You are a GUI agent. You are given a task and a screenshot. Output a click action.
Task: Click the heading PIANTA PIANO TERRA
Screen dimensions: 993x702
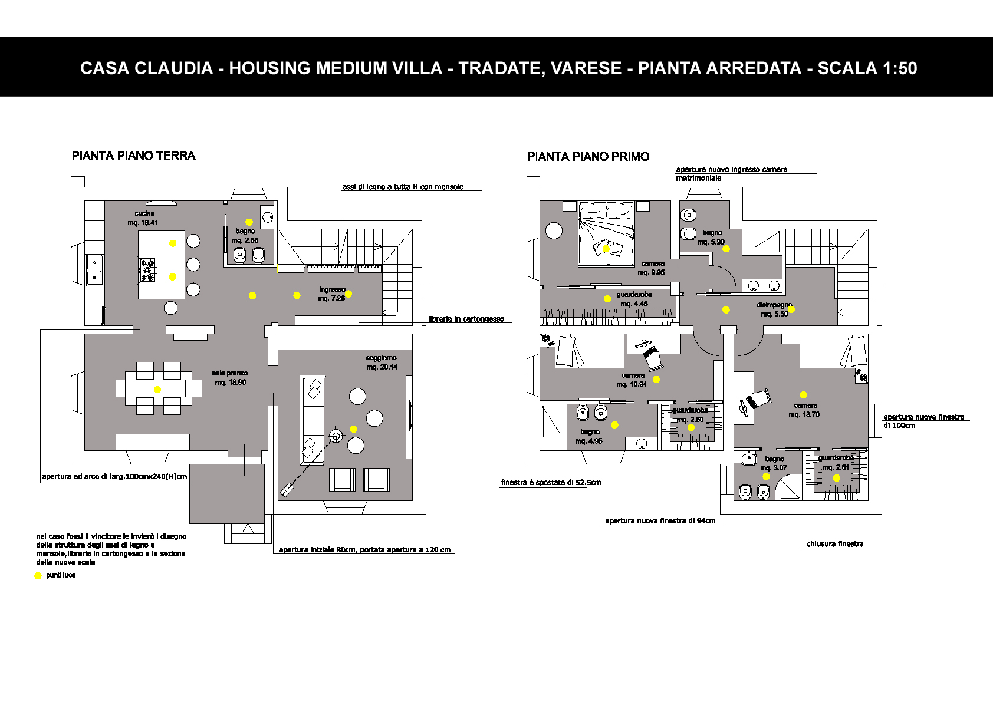pos(133,156)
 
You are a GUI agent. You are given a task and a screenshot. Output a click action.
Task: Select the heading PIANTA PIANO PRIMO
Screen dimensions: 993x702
pos(588,157)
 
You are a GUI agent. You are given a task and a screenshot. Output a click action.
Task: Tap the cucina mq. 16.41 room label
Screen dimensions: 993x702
pos(144,218)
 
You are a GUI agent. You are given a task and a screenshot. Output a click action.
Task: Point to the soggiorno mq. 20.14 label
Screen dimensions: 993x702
pos(382,362)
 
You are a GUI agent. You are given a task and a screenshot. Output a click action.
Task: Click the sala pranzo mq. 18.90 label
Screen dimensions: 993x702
pos(230,378)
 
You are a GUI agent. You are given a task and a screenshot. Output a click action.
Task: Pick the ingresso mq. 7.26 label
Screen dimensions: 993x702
pos(331,294)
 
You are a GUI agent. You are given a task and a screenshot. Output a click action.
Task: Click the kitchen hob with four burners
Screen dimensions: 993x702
pos(147,269)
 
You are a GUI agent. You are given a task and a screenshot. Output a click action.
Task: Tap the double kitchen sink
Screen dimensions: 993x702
pos(94,269)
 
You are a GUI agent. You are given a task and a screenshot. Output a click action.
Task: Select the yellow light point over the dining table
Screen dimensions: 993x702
pos(157,390)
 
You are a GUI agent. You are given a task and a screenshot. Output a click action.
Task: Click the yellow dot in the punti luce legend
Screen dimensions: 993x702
pos(38,576)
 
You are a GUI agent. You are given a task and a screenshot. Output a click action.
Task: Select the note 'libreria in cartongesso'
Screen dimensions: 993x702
pos(466,319)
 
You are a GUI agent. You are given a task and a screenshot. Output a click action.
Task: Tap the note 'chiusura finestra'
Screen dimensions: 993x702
pos(834,544)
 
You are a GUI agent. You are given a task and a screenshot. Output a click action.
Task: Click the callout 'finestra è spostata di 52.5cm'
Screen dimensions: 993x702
pos(551,482)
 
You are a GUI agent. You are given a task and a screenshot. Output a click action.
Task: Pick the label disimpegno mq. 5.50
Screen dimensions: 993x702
pos(774,309)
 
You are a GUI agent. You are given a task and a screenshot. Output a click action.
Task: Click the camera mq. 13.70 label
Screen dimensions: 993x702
pos(804,410)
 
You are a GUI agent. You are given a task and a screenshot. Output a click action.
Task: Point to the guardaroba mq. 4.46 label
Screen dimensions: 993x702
pos(634,299)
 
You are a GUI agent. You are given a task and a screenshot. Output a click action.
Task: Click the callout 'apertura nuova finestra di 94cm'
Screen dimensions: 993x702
pos(660,521)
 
